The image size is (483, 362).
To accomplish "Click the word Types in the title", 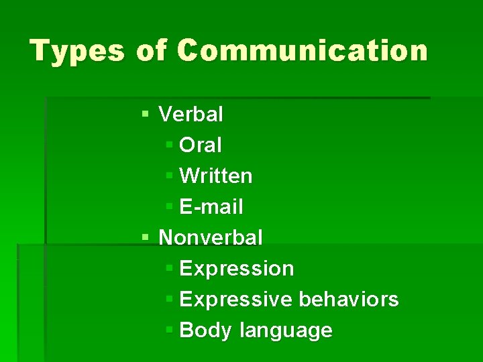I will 77,51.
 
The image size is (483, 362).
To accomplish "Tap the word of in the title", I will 152,51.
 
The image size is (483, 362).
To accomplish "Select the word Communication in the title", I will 303,51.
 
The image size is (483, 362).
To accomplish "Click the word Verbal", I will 191,115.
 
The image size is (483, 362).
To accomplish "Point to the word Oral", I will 201,145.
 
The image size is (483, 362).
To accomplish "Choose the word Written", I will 216,176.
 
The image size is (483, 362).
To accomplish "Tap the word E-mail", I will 211,207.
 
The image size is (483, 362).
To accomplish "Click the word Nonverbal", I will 211,237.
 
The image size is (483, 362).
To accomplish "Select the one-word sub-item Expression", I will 237,269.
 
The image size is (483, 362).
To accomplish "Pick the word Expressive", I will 236,300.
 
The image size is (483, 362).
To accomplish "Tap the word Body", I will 207,330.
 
